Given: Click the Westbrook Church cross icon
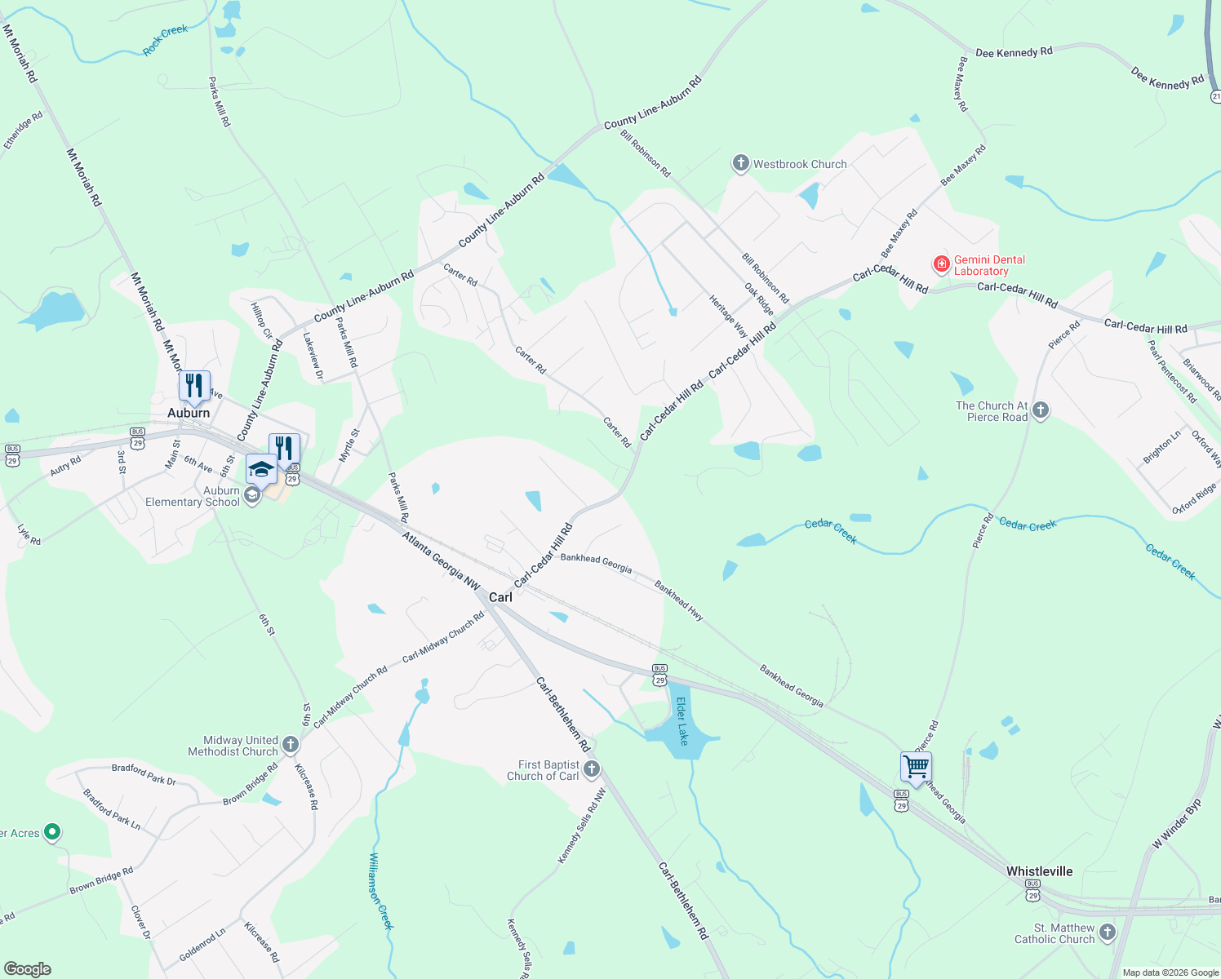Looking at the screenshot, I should pos(740,164).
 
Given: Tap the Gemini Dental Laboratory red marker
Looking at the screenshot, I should pos(942,264).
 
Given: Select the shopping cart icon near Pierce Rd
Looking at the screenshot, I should pos(916,767).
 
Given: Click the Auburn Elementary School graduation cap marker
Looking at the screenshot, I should pos(261,469).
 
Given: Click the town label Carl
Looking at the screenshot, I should pos(500,597).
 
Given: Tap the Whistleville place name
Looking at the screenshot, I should pos(1039,871).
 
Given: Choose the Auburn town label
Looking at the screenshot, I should pos(189,413).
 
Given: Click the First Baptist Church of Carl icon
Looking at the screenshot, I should pos(592,769).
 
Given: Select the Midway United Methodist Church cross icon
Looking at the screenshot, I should pos(291,744).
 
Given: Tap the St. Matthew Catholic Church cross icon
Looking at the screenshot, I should pos(1107,932).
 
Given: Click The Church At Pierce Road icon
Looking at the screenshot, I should pos(1040,410).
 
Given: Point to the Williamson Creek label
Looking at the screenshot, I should pos(381,891).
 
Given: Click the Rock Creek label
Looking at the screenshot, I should pos(166,40).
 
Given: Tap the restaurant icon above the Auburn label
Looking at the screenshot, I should pos(194,385).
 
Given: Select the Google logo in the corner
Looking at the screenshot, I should pos(27,968).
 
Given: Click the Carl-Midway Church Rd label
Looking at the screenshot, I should pos(443,636).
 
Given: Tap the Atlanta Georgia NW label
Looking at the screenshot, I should pos(442,560).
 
